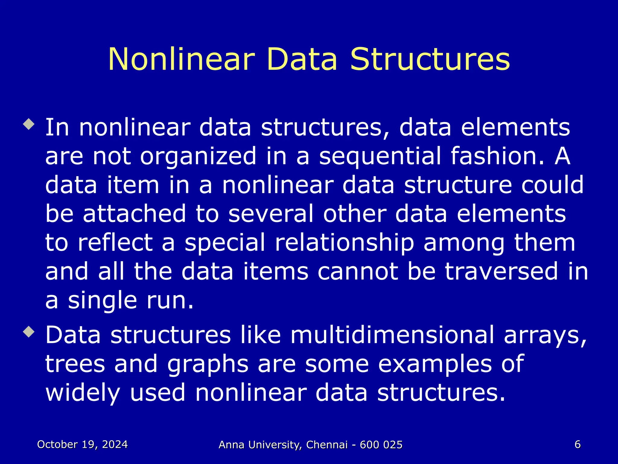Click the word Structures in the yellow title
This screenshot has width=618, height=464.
pos(430,59)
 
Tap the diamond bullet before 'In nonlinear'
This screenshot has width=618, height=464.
pos(29,124)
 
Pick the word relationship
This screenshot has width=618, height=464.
pos(344,243)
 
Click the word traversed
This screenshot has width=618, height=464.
pos(501,271)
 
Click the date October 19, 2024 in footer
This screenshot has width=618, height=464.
pos(82,444)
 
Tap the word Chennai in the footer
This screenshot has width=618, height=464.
pos(327,445)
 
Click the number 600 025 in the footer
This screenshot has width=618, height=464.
pos(381,445)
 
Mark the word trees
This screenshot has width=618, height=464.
pos(75,364)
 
